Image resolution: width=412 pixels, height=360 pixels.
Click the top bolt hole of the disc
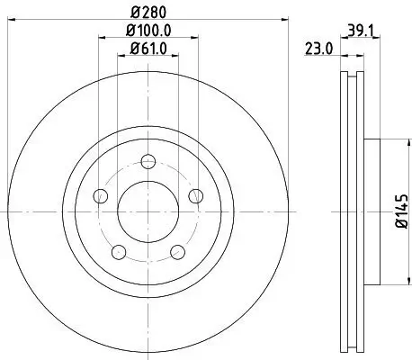point(148,162)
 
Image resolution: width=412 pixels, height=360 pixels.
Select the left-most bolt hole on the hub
point(101,196)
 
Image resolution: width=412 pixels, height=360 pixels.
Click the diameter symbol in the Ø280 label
point(134,13)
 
